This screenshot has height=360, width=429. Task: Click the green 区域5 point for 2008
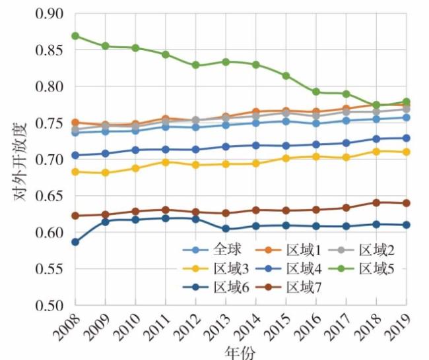(x=75, y=36)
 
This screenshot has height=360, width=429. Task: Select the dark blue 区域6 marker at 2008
(x=75, y=242)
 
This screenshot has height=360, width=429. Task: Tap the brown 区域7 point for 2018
(x=376, y=202)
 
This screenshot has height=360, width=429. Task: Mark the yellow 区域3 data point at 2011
(x=166, y=162)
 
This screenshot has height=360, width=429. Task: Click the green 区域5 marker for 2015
(x=286, y=76)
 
